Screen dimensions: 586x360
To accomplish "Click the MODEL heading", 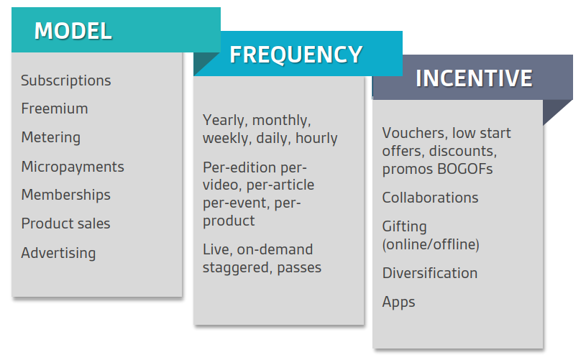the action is pos(73,31).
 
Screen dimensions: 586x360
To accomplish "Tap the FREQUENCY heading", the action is pos(296,55).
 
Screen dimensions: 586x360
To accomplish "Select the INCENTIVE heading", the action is pos(474,78).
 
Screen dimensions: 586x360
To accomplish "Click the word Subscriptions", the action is pos(65,80).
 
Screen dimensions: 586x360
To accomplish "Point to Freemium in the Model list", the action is pos(55,109).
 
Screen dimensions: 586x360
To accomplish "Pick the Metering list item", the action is pos(51,137).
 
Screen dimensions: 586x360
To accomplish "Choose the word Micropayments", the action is pos(73,167).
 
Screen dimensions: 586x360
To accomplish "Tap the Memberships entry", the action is pos(65,195).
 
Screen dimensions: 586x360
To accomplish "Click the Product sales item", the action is pos(65,223).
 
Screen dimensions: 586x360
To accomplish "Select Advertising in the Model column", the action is pos(58,253).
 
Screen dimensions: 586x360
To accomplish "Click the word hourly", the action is pos(316,138).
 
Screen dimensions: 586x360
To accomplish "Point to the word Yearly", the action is pos(224,120).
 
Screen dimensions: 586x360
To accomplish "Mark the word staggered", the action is pos(238,268).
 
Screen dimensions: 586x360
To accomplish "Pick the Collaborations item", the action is pos(430,198).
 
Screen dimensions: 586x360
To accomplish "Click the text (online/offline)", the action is pos(431,244).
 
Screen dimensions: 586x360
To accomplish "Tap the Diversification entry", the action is pos(430,273).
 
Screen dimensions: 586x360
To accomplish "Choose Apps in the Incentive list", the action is pos(398,302).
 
